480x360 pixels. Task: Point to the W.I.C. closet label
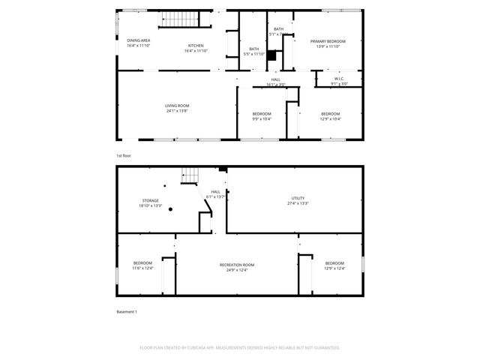[339, 81]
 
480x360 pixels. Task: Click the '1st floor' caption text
[123, 155]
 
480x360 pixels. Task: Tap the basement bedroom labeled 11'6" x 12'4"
[142, 265]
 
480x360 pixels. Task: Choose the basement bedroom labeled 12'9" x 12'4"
[334, 265]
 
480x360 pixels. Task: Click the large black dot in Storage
[171, 210]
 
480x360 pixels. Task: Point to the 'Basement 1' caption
[127, 311]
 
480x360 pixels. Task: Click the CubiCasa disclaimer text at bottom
[240, 348]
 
